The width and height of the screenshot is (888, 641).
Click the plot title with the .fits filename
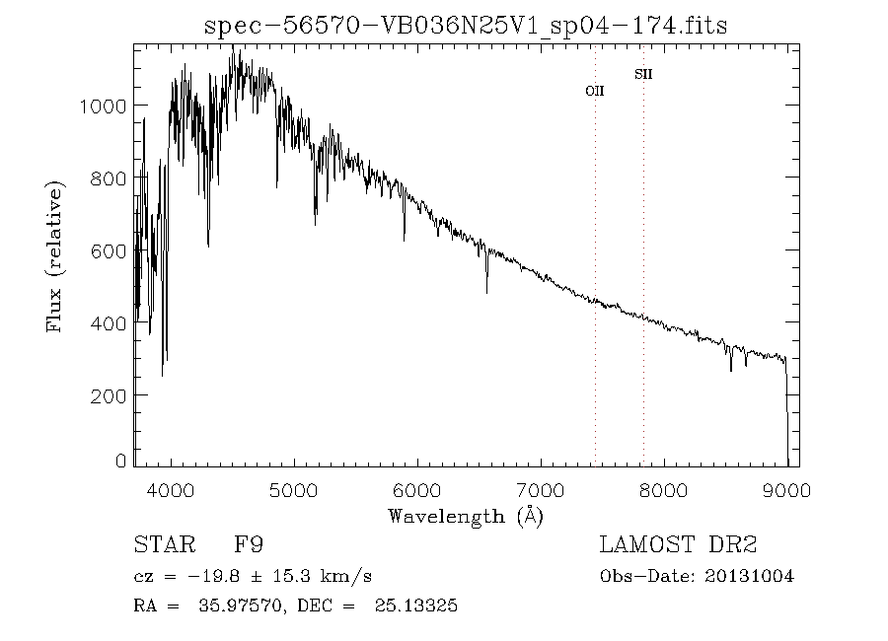466,26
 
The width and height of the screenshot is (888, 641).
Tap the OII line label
595,91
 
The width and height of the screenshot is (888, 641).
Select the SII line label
643,74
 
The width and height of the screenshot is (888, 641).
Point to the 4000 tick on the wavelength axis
172,490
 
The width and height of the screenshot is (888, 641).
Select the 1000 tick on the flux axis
102,106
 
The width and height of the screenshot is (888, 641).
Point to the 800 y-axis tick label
108,178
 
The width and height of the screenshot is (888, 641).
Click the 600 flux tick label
108,250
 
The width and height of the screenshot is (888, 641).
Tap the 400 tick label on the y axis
108,323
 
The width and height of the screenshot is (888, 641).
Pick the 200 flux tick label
108,395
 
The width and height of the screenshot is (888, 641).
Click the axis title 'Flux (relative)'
56,256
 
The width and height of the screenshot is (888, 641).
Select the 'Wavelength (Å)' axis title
465,516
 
